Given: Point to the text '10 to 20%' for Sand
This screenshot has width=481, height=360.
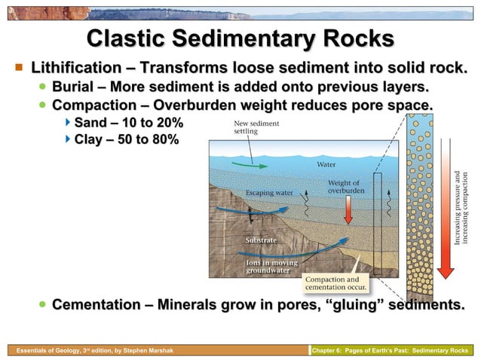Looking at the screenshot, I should click(148, 122).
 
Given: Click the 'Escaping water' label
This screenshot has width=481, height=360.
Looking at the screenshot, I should click(269, 193).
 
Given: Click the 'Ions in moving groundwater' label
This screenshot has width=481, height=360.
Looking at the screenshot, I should click(272, 266).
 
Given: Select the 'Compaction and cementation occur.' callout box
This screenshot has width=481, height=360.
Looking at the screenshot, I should click(336, 282).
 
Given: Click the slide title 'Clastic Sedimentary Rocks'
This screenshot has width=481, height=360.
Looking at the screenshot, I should click(240, 38).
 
